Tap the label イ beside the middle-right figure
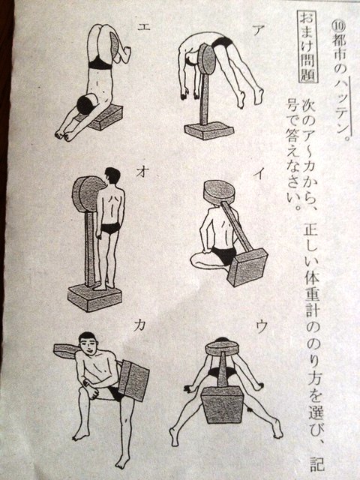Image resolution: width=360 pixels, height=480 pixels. click(x=259, y=174)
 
